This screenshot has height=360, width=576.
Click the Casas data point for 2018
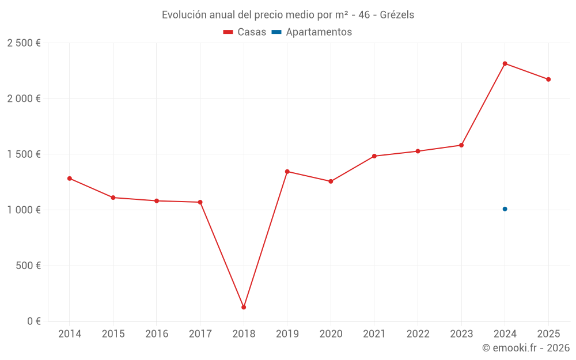pos(244,307)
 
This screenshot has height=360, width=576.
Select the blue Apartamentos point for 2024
pos(505,209)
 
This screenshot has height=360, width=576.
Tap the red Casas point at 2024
pos(505,63)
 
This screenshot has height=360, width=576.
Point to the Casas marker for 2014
pos(70,179)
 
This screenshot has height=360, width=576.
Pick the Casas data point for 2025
pos(548,79)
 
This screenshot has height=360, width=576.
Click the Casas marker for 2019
pos(287,172)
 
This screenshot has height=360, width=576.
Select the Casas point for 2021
pos(374,156)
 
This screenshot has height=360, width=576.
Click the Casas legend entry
pos(245,32)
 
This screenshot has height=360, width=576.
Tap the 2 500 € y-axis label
pos(24,43)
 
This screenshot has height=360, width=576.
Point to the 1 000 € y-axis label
pos(24,210)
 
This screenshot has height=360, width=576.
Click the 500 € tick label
pos(28,266)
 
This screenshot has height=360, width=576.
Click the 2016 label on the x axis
pos(157,334)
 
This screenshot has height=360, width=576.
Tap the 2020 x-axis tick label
pos(331,334)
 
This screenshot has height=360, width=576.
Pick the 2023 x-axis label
pos(461,334)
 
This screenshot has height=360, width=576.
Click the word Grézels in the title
pos(397,15)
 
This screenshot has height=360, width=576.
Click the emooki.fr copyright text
pos(525,348)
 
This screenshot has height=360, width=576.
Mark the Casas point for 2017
pos(200,202)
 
